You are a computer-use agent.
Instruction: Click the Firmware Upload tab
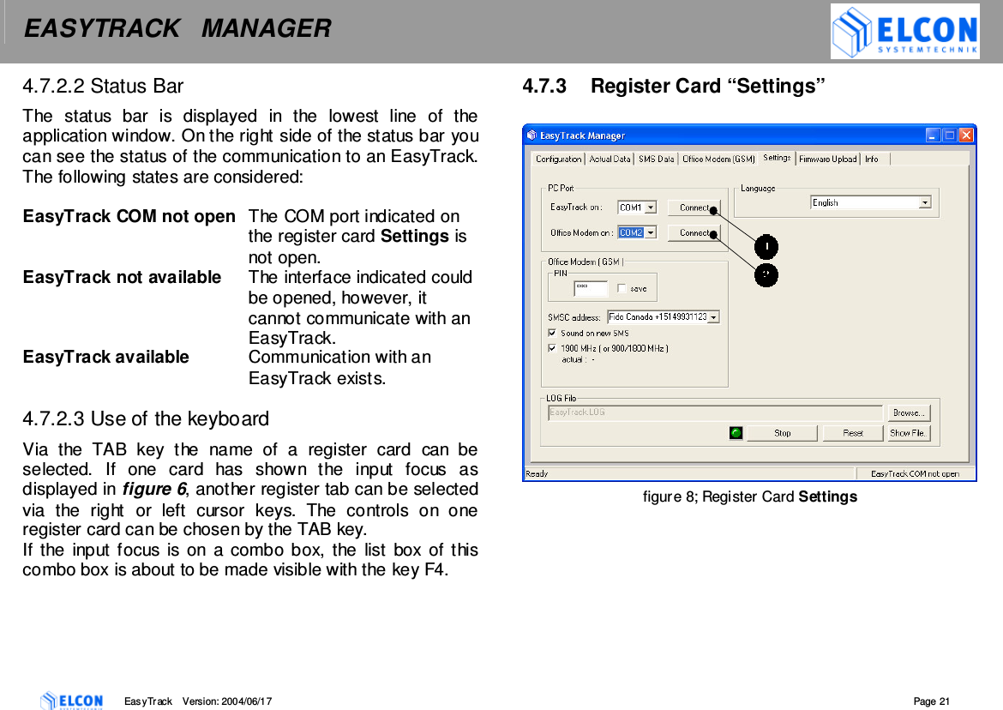827,159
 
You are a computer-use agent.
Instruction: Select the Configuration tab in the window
558,159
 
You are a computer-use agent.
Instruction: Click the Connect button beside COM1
694,208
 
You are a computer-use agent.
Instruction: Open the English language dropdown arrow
925,203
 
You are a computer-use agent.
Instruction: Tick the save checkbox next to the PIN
622,289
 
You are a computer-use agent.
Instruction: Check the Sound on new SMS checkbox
552,333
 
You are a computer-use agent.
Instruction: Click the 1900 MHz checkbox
552,348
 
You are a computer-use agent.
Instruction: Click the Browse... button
908,412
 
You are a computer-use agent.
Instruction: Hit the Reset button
852,433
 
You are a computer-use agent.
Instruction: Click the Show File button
908,433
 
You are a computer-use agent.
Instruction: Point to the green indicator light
736,433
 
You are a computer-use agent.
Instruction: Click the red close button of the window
966,135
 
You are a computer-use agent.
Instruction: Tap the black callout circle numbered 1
766,247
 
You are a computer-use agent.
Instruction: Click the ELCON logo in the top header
904,32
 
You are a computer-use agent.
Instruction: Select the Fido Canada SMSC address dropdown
663,317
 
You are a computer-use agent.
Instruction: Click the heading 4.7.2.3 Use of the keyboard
146,419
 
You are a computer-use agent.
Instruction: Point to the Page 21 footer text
932,701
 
